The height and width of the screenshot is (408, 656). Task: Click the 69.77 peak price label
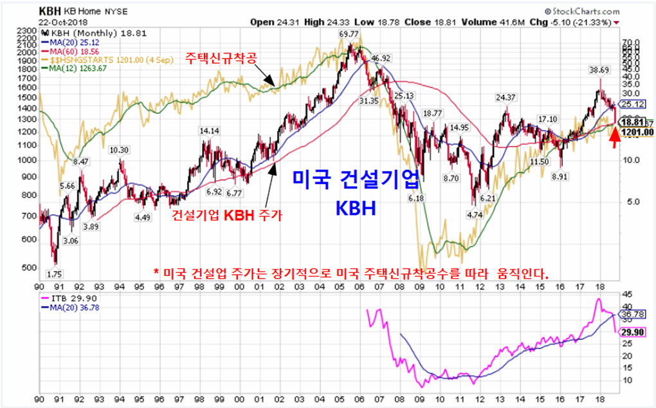349,34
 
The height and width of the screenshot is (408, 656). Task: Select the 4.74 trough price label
475,214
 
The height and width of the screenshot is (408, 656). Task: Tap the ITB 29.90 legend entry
66,299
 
